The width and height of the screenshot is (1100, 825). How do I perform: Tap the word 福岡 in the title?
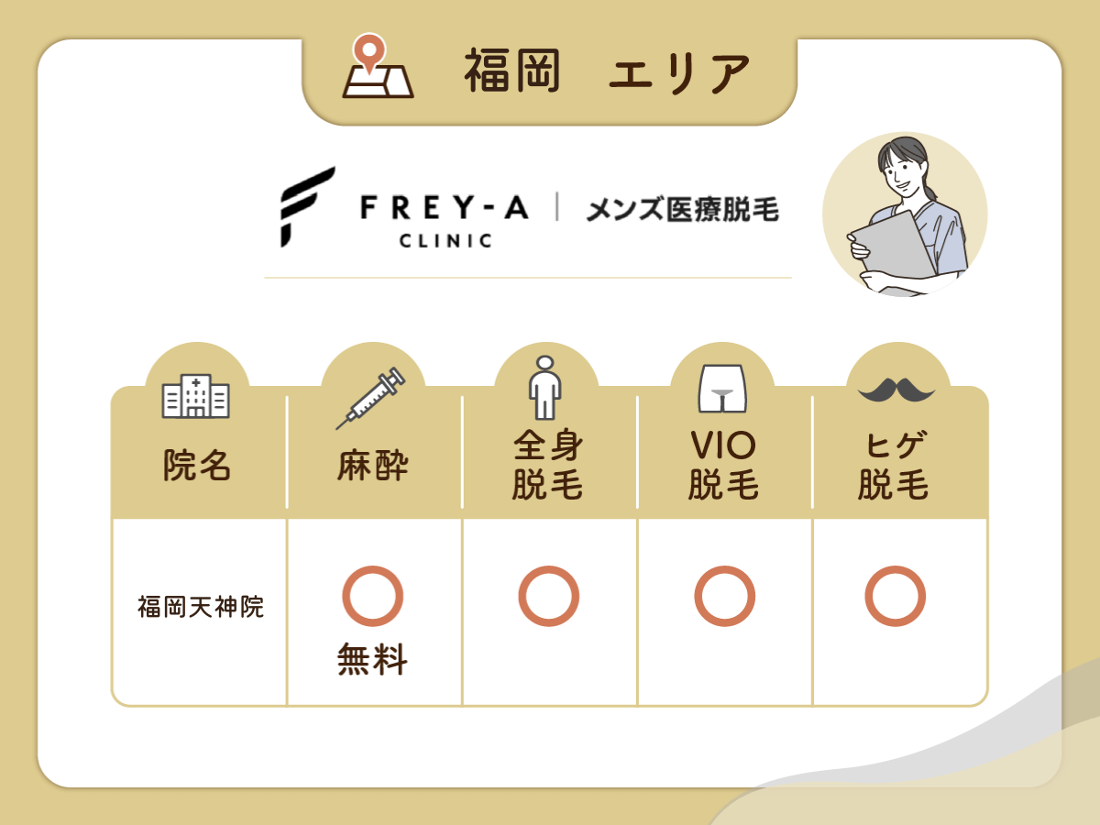(x=511, y=72)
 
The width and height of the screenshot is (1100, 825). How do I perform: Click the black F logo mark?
(x=307, y=207)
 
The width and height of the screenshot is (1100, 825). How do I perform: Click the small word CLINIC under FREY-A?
(x=445, y=242)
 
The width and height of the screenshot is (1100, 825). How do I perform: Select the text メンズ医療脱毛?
(x=682, y=210)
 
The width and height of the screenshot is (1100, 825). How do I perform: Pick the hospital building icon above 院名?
(x=196, y=396)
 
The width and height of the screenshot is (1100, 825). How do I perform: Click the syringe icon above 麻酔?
(x=370, y=398)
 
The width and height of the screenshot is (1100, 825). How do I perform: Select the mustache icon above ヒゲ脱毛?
(x=896, y=390)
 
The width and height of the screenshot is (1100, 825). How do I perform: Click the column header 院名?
(x=196, y=467)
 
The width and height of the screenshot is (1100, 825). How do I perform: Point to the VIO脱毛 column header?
(x=723, y=465)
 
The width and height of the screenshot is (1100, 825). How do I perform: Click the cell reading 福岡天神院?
(x=201, y=607)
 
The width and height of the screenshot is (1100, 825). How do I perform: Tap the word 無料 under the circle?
(x=372, y=660)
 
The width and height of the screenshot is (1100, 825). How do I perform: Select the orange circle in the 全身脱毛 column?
(x=548, y=596)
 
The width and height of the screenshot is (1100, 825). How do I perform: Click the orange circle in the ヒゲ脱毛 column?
(x=895, y=596)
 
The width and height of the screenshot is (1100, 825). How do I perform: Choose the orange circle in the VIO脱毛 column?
(x=724, y=596)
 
